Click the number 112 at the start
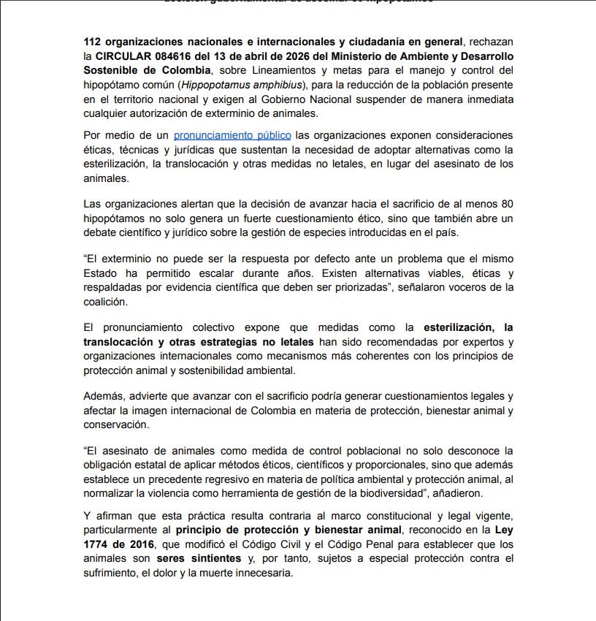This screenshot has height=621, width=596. (93, 42)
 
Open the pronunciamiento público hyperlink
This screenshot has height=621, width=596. (232, 135)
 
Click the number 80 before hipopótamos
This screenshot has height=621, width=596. (506, 205)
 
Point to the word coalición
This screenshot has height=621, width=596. (105, 301)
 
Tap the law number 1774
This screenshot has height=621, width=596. (99, 545)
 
